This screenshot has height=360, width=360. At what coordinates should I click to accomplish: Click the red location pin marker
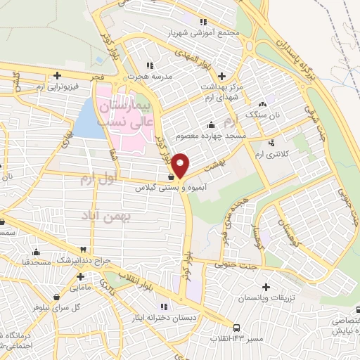click(181, 165)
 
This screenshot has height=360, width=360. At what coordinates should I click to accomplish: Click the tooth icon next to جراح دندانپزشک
click(83, 250)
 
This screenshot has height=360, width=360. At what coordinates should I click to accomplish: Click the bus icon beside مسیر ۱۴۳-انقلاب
click(236, 327)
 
